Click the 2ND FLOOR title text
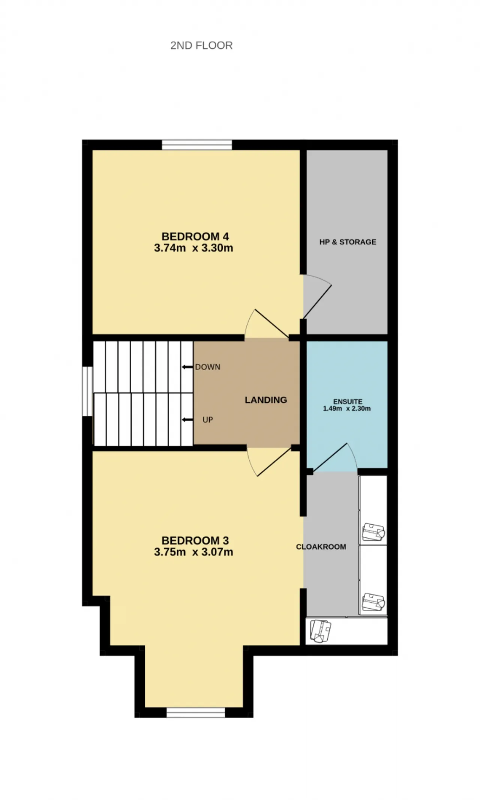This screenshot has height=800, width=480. click(x=201, y=45)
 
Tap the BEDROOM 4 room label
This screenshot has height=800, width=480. click(x=195, y=236)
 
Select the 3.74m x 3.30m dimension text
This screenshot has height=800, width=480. click(x=193, y=248)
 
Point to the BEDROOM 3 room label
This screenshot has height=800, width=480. click(x=195, y=540)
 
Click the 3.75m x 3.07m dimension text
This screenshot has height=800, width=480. click(x=193, y=552)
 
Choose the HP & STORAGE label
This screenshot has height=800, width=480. click(x=348, y=242)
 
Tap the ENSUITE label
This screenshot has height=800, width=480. click(x=348, y=402)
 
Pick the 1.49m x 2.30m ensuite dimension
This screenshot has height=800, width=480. click(x=347, y=408)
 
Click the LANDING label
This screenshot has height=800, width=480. click(x=266, y=400)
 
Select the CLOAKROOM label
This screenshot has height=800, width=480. click(x=321, y=547)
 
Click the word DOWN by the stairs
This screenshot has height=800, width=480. click(x=208, y=367)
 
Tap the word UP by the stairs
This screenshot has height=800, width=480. click(x=208, y=420)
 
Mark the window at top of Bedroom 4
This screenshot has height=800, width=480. click(x=197, y=145)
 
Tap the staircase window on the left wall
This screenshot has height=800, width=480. click(x=87, y=391)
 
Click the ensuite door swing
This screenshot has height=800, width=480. click(x=334, y=458)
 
